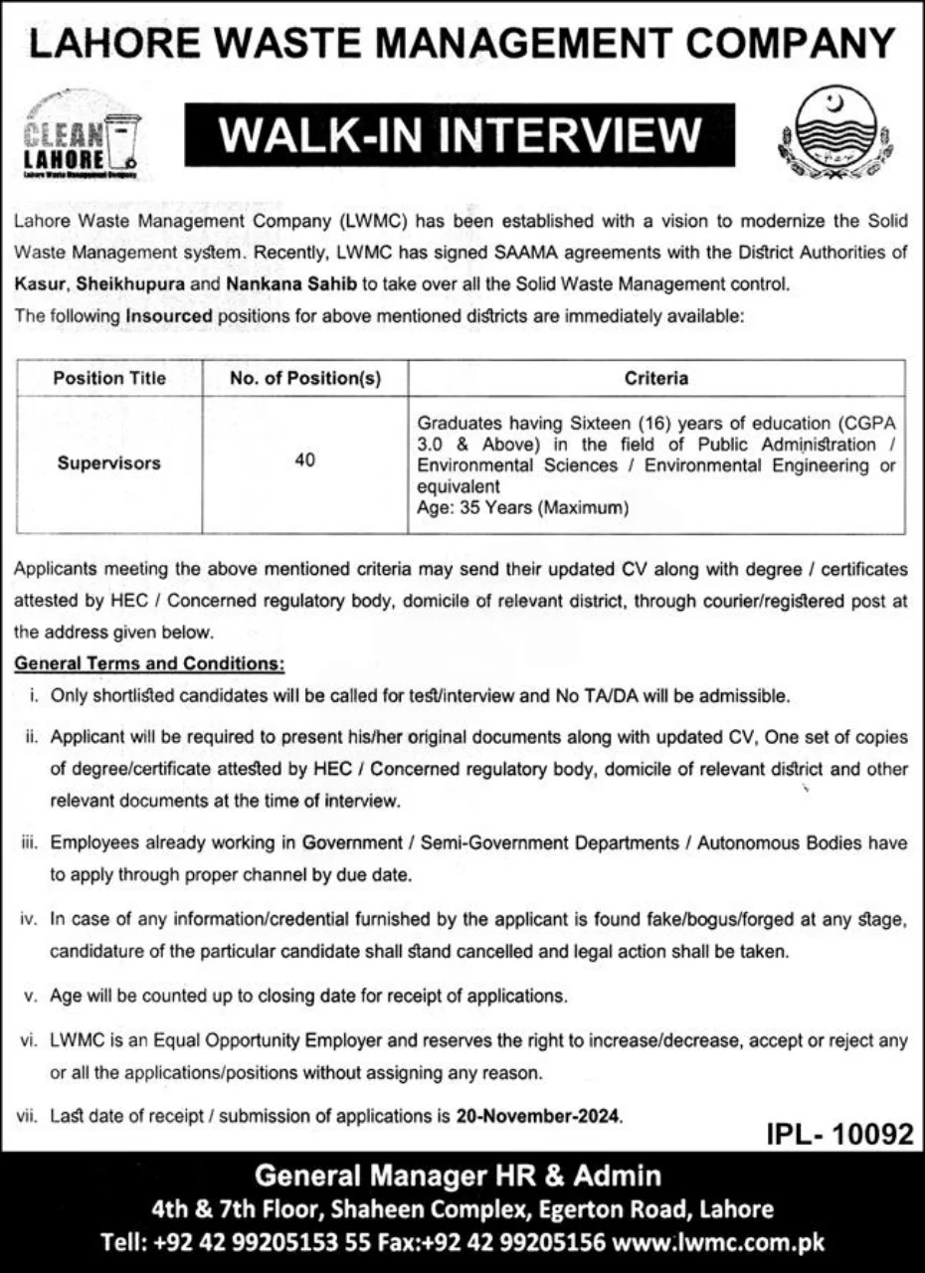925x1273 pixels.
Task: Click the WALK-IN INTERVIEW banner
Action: (x=460, y=135)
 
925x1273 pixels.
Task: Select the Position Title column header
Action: (x=109, y=378)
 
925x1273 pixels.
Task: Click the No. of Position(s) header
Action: (x=305, y=378)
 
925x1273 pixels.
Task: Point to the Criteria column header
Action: (x=656, y=378)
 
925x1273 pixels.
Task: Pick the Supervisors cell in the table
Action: (x=109, y=462)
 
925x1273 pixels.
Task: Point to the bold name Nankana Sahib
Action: (x=289, y=283)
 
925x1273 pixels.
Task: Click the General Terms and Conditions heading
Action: (x=149, y=661)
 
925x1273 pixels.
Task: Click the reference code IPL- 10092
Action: (x=838, y=1135)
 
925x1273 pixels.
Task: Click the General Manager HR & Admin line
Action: (x=459, y=1177)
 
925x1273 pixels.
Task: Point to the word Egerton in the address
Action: (x=577, y=1209)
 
